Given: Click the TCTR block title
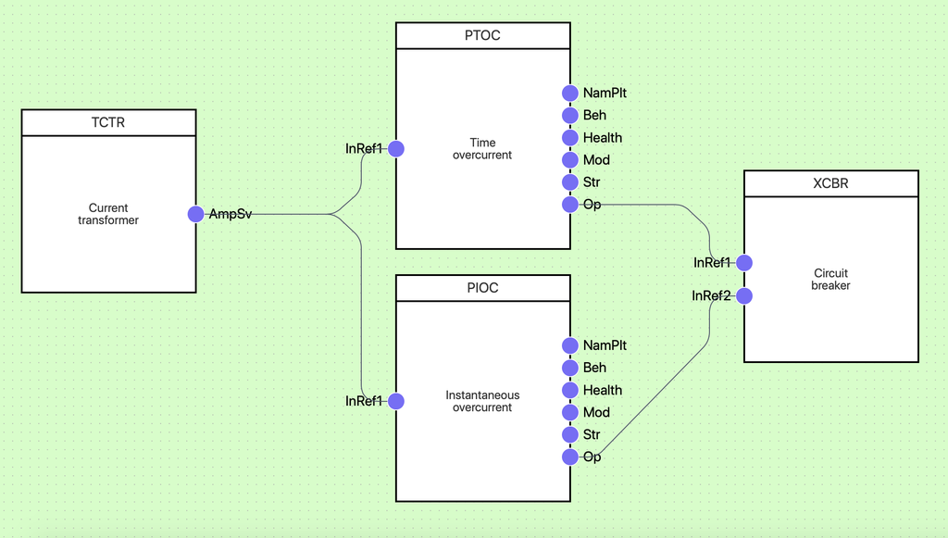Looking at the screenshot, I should [x=108, y=123].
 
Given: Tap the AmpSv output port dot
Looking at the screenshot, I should [x=195, y=214].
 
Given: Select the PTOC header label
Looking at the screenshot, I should [x=482, y=36].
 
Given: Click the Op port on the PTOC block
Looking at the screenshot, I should [x=570, y=205].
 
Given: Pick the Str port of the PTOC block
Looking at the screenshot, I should [x=570, y=182].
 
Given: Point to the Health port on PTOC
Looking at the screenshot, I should [x=570, y=138].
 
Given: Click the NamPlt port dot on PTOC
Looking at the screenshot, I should [x=570, y=93].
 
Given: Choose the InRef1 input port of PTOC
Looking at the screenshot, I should [x=396, y=148].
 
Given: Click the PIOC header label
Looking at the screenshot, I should [x=482, y=288].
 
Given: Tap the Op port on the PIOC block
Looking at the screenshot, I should [x=570, y=457].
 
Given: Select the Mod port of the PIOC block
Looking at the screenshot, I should [x=570, y=412].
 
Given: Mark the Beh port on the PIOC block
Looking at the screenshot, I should [x=570, y=368].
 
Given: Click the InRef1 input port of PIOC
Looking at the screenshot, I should [x=396, y=401].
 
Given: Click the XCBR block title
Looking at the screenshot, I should [x=830, y=183].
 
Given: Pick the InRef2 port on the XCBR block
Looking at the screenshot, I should [x=744, y=296].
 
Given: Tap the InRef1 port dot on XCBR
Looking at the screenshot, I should [x=744, y=263].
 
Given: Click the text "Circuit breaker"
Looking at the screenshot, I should [x=830, y=280].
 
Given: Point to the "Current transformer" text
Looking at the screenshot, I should [x=108, y=214].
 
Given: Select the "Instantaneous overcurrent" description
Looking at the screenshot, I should [x=482, y=401].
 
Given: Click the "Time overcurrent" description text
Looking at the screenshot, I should [x=482, y=148].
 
